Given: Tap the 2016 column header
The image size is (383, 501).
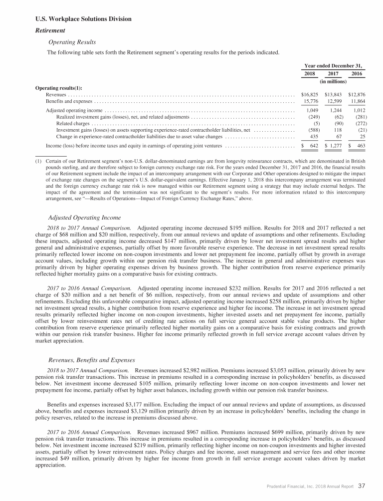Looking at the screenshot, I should tap(357, 74).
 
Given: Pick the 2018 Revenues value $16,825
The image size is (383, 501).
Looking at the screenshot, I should tap(310, 94).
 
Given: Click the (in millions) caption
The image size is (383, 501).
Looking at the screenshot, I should tap(333, 81).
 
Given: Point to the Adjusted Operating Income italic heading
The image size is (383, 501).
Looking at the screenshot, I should tap(85, 217).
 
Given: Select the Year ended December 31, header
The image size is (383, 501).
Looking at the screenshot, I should tap(333, 65).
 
